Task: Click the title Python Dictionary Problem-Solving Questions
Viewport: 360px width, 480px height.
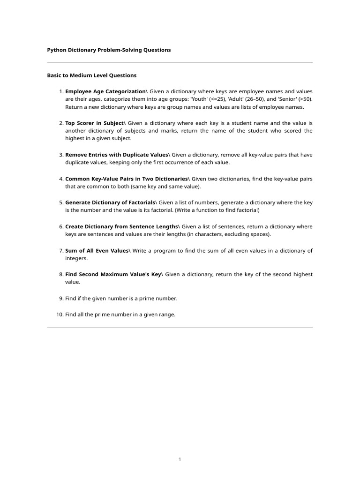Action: coord(109,50)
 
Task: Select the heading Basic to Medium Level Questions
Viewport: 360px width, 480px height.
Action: coord(92,75)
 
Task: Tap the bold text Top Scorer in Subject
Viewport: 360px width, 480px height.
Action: coord(94,123)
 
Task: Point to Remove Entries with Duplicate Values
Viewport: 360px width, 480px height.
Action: coord(116,155)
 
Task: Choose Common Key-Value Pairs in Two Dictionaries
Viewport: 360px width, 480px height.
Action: coord(126,179)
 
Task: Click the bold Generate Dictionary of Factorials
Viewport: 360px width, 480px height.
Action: coord(110,202)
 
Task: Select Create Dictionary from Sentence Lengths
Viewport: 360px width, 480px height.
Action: coord(121,226)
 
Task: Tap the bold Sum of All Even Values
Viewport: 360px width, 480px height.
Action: coord(97,251)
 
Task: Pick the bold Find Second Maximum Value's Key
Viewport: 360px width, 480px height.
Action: coord(113,274)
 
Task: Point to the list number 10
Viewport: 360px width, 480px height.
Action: coord(60,315)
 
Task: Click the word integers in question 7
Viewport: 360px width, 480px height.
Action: coord(76,258)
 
